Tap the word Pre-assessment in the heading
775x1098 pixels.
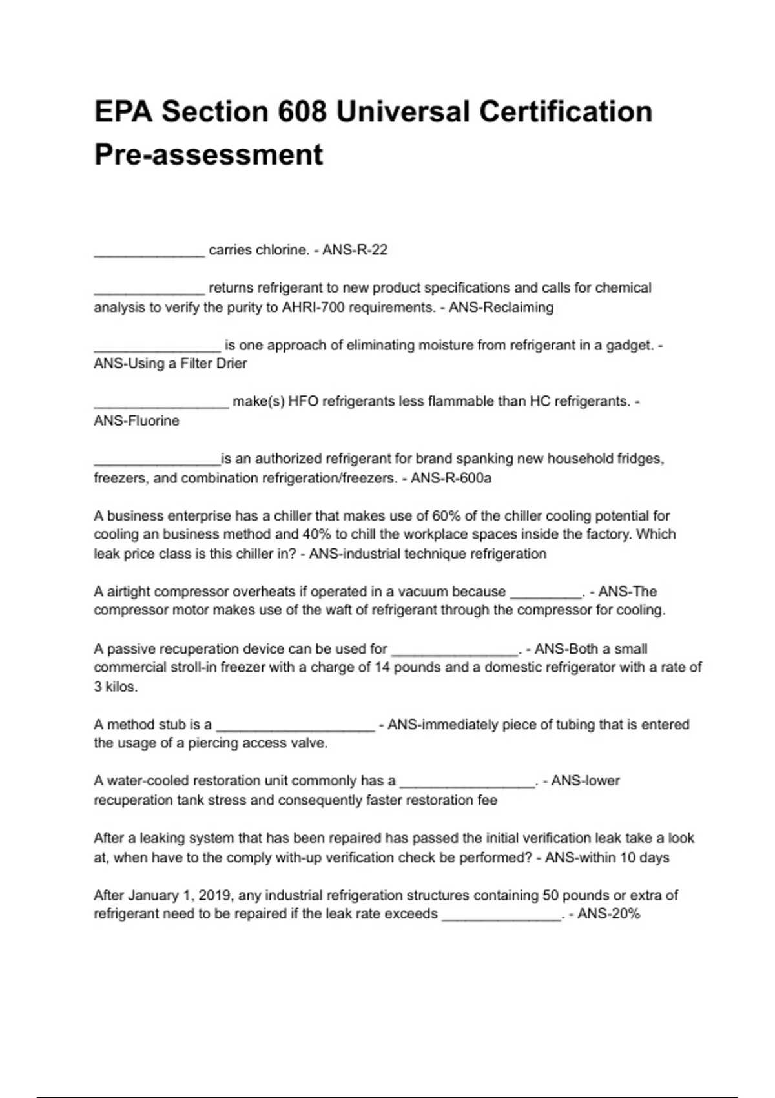[x=209, y=155]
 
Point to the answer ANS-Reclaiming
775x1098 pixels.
[x=501, y=307]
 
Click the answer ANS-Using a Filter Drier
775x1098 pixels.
[x=170, y=364]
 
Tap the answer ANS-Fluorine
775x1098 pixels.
[x=136, y=421]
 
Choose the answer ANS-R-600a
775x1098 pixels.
[x=451, y=479]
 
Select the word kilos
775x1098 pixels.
[x=121, y=687]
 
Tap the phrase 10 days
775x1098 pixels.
[x=644, y=858]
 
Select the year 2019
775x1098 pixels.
[x=216, y=895]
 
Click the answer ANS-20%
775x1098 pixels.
[x=608, y=914]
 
